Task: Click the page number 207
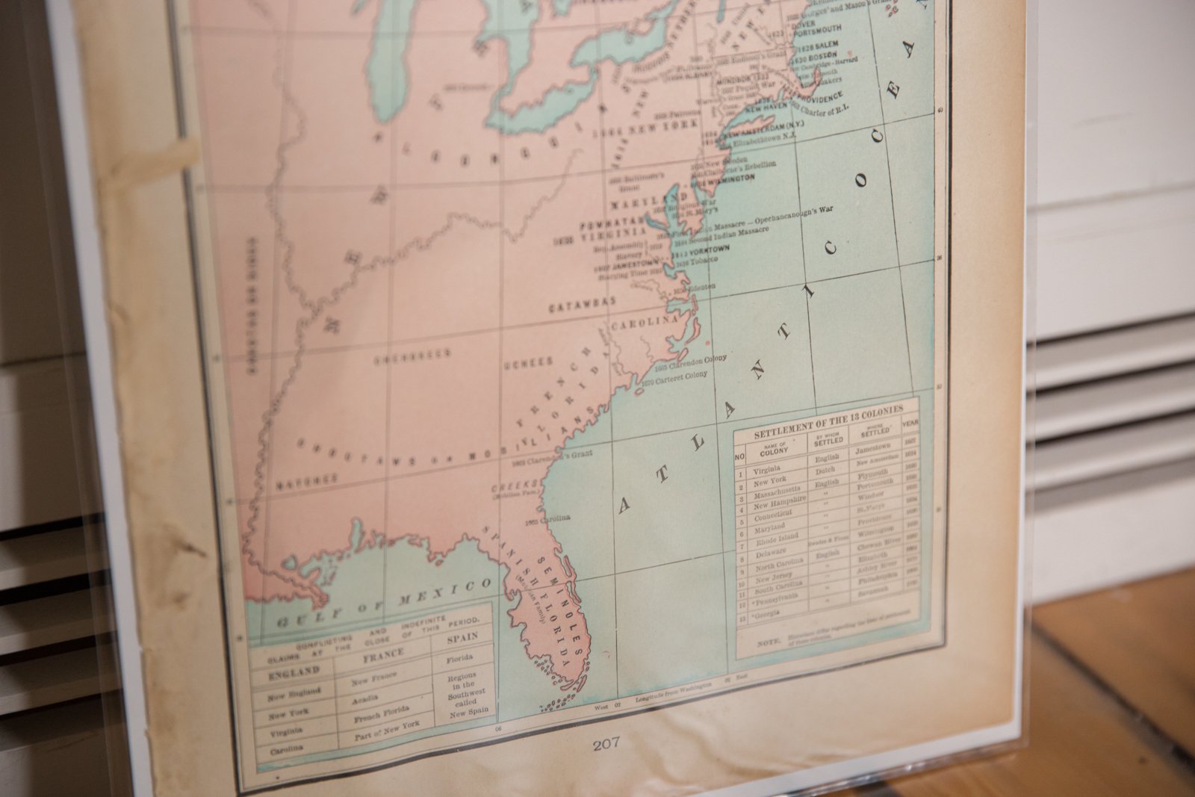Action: [606, 743]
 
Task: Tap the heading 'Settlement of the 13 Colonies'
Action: [828, 423]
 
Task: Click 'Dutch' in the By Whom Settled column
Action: [826, 470]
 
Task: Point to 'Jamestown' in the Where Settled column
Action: [872, 450]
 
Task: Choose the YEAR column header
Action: [910, 422]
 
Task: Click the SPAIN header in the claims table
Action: [462, 638]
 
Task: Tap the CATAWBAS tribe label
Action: [583, 306]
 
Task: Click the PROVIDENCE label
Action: [816, 99]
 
